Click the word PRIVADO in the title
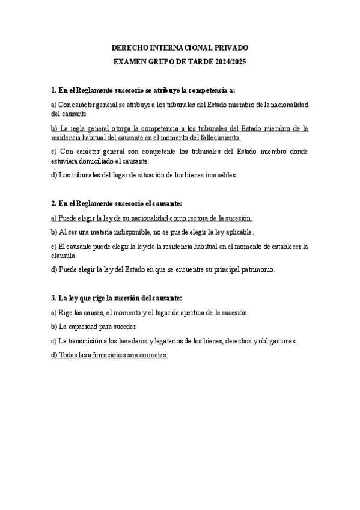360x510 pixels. click(x=229, y=48)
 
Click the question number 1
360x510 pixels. click(x=54, y=90)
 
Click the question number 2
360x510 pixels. click(x=54, y=204)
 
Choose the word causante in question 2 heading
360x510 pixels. click(x=164, y=204)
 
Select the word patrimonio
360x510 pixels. click(x=256, y=269)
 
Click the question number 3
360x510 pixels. click(x=54, y=298)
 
